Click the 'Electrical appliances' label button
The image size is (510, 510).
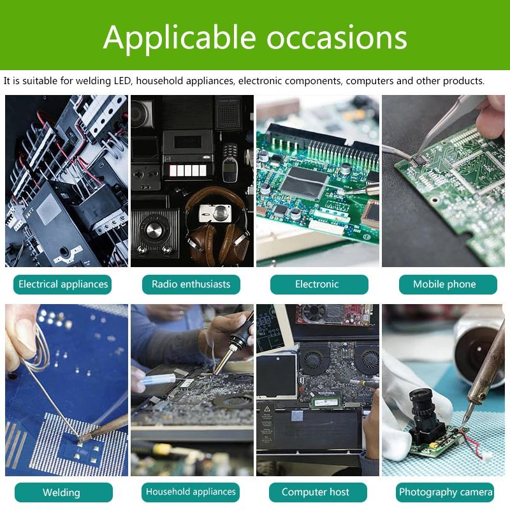(62, 284)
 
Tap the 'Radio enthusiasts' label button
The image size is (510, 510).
(191, 284)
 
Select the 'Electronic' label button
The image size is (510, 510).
(317, 284)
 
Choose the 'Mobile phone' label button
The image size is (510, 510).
(444, 284)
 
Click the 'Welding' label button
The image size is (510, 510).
(61, 492)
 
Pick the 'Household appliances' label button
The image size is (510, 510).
(191, 492)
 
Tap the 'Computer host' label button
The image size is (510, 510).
(316, 492)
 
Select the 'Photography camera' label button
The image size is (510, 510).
(446, 492)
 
